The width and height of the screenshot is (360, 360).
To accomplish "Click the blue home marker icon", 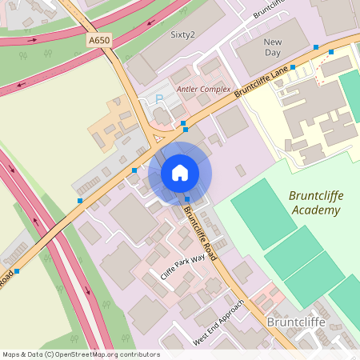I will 180,172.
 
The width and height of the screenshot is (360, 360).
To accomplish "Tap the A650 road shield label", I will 100,40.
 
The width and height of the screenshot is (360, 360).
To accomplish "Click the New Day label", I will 273,46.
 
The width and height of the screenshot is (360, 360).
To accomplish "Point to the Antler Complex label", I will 203,90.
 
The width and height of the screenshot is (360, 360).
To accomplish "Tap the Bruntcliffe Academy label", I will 314,203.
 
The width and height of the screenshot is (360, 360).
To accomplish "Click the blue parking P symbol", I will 158,98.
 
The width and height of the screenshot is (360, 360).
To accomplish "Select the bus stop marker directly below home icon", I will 187,199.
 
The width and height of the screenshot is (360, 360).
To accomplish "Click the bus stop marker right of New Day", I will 316,47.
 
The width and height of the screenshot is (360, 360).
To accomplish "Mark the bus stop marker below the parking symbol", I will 184,124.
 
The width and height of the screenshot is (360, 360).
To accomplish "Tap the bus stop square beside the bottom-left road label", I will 17,271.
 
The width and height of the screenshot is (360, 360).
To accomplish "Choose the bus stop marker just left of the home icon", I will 134,170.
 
